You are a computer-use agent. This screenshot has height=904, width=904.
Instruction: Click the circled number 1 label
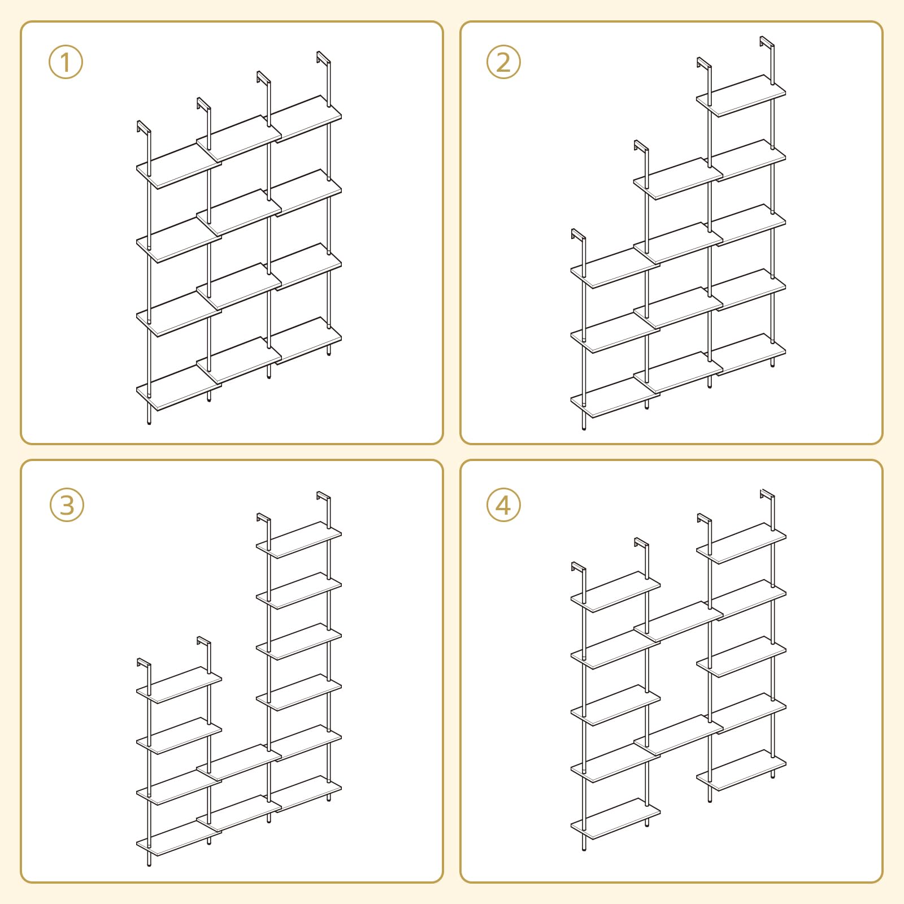[x=66, y=62]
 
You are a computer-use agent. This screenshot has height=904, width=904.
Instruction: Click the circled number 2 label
[x=503, y=62]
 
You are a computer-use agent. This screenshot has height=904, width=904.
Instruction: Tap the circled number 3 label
[x=67, y=505]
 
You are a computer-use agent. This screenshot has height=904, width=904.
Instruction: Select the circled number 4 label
[x=503, y=505]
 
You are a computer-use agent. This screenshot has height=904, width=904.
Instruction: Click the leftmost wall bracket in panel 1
[x=143, y=127]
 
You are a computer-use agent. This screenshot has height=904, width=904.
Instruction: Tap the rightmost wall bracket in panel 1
[x=323, y=58]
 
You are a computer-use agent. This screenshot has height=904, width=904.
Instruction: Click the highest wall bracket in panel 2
[x=766, y=43]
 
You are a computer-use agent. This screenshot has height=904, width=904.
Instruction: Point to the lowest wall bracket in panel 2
[x=578, y=235]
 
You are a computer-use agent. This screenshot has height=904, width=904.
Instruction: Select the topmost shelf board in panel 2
[x=741, y=95]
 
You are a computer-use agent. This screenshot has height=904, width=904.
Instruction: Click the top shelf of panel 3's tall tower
[x=299, y=540]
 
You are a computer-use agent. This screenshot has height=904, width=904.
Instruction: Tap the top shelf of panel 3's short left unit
[x=179, y=685]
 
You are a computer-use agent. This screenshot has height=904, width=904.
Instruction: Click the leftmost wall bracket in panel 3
[x=144, y=664]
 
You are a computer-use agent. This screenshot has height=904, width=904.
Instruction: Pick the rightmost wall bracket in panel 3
[x=323, y=498]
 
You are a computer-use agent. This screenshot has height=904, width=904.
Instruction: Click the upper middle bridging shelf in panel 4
[x=679, y=621]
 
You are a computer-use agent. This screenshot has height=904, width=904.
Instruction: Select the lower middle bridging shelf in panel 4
[x=679, y=735]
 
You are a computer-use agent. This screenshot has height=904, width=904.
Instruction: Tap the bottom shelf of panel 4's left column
[x=616, y=818]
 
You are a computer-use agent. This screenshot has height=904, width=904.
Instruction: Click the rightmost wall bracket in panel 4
[x=767, y=496]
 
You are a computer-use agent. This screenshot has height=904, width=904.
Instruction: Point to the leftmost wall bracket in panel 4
[x=578, y=568]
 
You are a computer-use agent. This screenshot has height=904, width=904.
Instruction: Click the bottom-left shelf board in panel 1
[x=179, y=388]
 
